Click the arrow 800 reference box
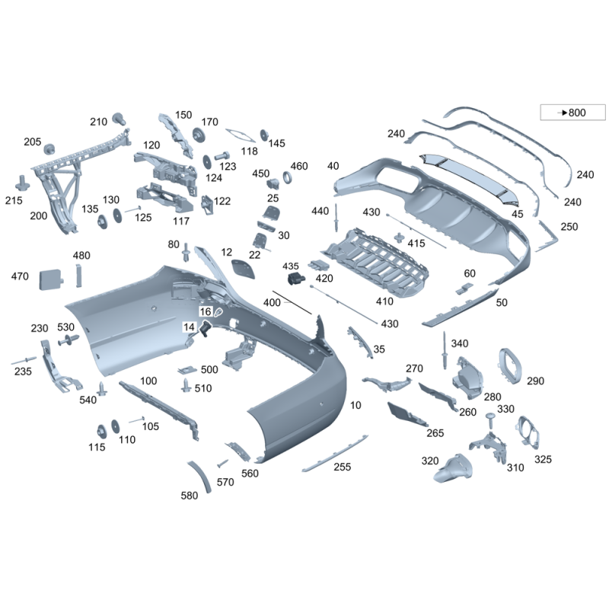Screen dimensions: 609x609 click(572, 112)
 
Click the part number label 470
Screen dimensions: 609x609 click(20, 276)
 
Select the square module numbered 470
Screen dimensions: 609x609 click(51, 279)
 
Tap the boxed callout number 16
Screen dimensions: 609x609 click(206, 311)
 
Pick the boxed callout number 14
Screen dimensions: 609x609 click(189, 327)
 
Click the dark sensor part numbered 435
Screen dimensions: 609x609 click(296, 279)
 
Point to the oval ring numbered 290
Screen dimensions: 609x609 click(510, 366)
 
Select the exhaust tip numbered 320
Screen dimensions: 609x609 click(453, 467)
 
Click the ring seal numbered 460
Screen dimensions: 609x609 click(288, 177)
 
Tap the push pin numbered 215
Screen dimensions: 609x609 click(24, 183)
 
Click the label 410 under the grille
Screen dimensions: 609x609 click(384, 301)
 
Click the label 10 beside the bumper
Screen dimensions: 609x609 click(356, 405)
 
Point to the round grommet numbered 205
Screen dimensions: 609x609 click(49, 149)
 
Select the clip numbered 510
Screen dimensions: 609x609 click(187, 385)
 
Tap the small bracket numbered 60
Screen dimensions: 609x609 click(464, 289)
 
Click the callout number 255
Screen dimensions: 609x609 click(342, 467)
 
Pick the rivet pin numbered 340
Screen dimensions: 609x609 click(444, 350)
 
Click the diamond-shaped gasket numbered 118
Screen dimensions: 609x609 click(241, 136)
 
